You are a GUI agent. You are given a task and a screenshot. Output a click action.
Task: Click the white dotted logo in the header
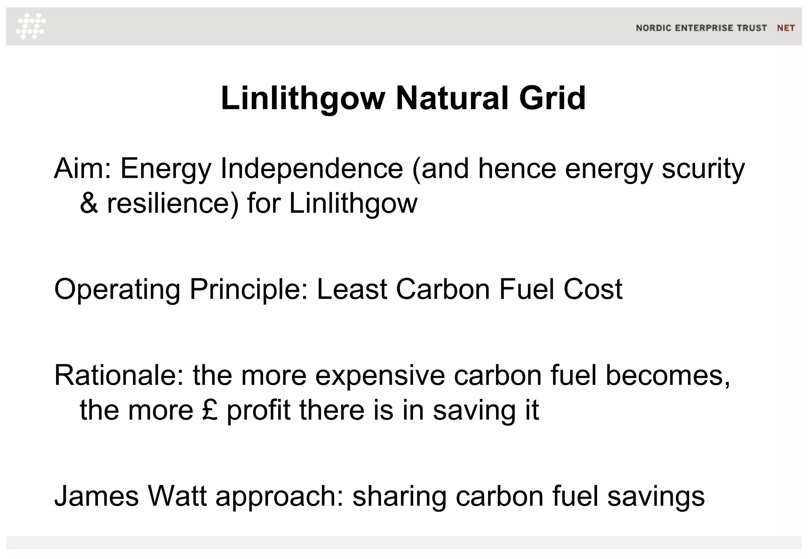(31, 26)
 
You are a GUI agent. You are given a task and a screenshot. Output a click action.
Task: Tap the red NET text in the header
(786, 28)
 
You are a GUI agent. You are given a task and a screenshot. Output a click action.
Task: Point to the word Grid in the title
(552, 98)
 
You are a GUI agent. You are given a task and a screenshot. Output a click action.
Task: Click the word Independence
(312, 168)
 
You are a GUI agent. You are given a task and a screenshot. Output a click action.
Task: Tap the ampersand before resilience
(89, 204)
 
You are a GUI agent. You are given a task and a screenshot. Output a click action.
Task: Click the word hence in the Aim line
(517, 168)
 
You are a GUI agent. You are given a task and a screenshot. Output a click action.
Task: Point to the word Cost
(593, 289)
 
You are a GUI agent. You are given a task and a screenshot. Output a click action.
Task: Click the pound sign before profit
(210, 410)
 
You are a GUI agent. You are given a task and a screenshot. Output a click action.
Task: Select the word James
(96, 496)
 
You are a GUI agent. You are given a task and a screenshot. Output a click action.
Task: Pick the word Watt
(177, 496)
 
